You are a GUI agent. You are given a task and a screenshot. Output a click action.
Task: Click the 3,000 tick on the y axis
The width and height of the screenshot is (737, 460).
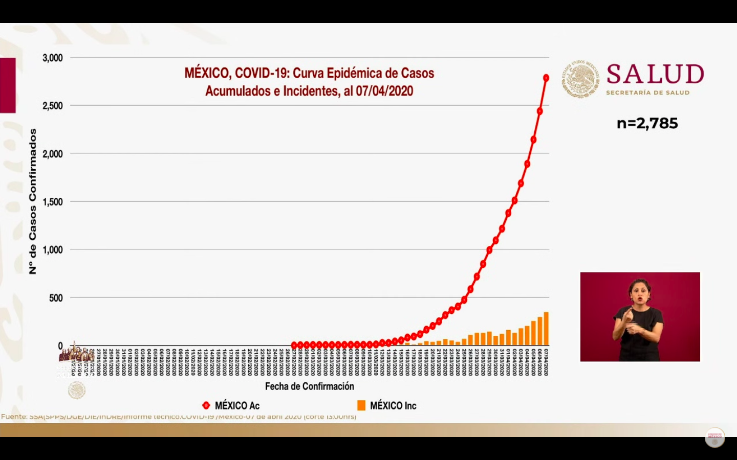click(53, 58)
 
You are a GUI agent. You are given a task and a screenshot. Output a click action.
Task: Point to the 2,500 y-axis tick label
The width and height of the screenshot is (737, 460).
click(53, 106)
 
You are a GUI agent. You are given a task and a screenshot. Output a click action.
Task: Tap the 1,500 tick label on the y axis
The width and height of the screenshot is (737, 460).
click(53, 202)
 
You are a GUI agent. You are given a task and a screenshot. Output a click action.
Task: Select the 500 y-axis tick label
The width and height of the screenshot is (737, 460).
click(56, 298)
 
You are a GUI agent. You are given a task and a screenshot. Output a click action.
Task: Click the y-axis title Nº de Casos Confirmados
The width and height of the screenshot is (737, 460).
click(33, 201)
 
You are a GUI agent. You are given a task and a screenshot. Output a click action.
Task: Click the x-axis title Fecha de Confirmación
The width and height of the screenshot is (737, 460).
click(309, 386)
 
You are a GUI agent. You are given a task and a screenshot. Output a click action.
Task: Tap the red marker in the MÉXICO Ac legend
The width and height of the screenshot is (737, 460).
click(206, 405)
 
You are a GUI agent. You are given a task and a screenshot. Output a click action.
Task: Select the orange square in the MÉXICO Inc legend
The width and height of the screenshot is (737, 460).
click(361, 405)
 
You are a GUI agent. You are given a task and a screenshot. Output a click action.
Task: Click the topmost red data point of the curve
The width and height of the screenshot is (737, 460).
click(546, 78)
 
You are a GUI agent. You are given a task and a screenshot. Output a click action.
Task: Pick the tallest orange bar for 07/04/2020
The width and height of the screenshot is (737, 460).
click(546, 329)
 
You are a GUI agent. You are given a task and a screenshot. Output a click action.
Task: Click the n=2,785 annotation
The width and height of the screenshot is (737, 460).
click(647, 123)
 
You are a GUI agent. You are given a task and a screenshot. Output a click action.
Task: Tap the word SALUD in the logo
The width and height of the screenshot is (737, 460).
click(655, 74)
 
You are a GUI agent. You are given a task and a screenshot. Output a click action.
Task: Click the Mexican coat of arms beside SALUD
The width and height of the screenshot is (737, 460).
click(580, 79)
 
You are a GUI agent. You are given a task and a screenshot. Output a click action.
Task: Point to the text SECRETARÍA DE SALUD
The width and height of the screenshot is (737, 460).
click(647, 93)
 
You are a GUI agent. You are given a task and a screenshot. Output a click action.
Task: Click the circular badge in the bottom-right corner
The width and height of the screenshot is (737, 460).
click(714, 438)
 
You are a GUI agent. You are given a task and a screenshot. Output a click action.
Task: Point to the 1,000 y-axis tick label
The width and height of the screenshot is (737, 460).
click(53, 250)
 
